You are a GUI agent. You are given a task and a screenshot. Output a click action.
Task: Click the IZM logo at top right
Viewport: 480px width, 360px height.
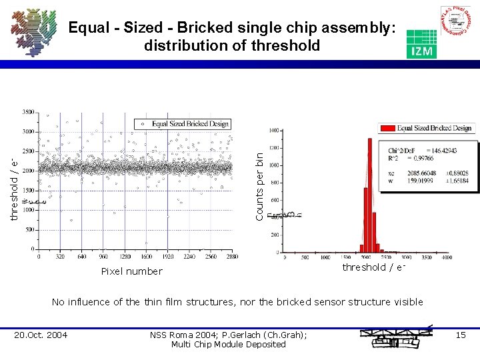click(421, 44)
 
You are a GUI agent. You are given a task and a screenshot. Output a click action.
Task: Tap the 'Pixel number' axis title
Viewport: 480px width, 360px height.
click(131, 271)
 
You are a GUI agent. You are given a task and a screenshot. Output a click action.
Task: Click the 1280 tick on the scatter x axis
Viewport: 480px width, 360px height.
click(125, 255)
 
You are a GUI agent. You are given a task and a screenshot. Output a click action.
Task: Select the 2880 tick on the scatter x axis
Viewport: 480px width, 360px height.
click(231, 255)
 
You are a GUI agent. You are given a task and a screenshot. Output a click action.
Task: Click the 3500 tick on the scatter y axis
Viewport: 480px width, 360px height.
click(29, 111)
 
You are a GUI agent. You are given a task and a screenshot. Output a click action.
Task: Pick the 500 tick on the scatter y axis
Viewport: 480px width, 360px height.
click(31, 230)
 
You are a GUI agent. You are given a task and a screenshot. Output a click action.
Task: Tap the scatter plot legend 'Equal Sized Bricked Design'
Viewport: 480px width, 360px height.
click(189, 123)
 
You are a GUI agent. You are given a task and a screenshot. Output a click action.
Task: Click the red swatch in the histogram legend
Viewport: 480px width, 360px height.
click(387, 128)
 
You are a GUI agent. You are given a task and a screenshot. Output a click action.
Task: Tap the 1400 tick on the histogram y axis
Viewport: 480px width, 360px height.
click(274, 130)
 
